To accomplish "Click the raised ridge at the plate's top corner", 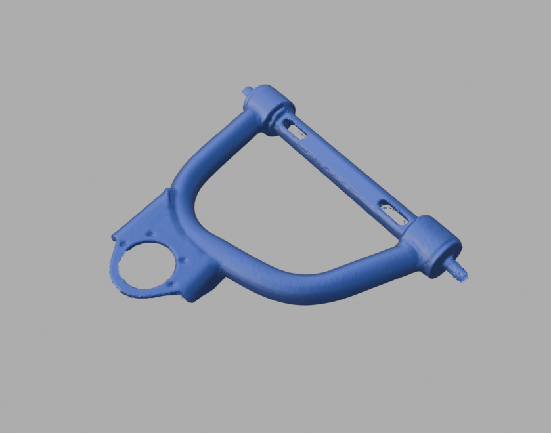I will point(169,194).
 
